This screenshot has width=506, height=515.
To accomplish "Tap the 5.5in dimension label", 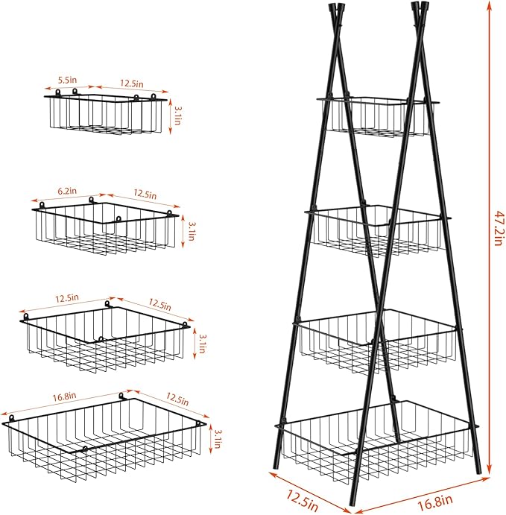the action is tap(67, 80).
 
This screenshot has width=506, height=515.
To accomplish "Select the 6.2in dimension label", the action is tap(67, 191).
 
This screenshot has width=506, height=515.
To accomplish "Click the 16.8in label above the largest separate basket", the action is tap(64, 396).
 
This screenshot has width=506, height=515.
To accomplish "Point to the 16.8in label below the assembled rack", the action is tap(435, 499).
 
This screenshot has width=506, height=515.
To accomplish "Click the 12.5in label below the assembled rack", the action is tap(303, 500).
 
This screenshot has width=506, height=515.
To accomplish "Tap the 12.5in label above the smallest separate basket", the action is tap(131, 83).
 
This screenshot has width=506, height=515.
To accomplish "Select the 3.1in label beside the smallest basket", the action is tap(177, 116).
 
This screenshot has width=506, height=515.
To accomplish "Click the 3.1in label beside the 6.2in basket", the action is tap(191, 231).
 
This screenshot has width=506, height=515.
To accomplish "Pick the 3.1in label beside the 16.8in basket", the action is tap(218, 439).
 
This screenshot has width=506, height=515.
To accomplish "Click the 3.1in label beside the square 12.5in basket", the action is tap(203, 344).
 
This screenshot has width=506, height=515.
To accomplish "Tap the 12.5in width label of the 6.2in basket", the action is tap(145, 194).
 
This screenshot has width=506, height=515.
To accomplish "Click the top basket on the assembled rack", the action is tap(378, 116).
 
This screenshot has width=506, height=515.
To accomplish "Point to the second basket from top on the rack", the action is tap(378, 230).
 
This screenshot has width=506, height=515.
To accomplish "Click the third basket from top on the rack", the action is tap(378, 341).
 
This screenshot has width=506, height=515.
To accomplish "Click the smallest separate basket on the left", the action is tap(106, 113).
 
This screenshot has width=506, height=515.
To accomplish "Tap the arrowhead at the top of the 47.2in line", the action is tap(490, 4).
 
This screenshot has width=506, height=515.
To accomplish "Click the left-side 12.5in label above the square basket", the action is tap(67, 298).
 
